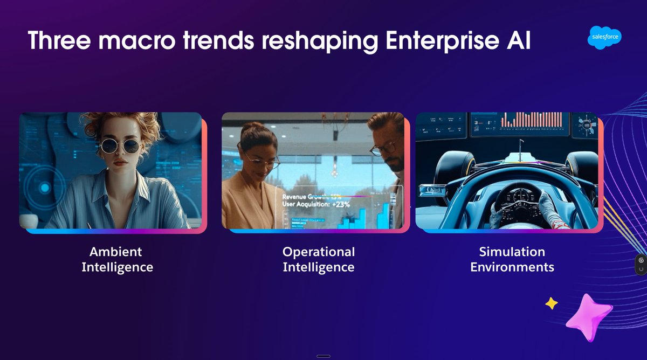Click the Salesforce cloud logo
pyautogui.click(x=605, y=38)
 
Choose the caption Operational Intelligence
pyautogui.click(x=318, y=259)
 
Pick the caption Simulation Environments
pyautogui.click(x=512, y=259)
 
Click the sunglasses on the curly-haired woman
pyautogui.click(x=119, y=146)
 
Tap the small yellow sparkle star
pyautogui.click(x=551, y=303)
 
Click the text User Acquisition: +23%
pyautogui.click(x=316, y=205)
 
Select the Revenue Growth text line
pyautogui.click(x=316, y=197)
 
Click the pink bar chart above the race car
pyautogui.click(x=532, y=120)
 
